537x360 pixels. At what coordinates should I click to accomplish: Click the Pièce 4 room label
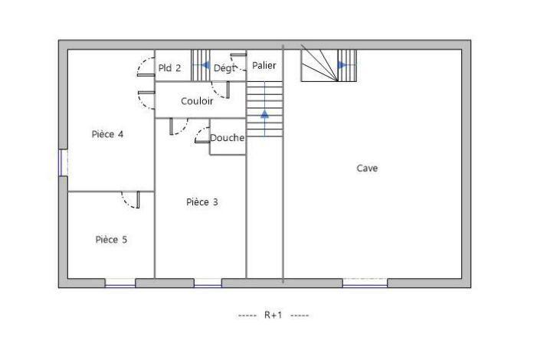(108, 134)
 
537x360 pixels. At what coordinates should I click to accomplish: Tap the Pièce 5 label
(111, 240)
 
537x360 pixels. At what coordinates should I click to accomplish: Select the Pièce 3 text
(202, 202)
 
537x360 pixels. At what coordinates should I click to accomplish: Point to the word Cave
(367, 168)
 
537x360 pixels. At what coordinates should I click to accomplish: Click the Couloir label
(197, 101)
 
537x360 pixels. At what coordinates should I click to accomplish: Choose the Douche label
(228, 138)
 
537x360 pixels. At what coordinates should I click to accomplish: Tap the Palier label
(264, 66)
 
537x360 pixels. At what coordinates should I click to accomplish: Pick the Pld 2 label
(169, 67)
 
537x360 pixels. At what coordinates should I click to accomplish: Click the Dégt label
(224, 68)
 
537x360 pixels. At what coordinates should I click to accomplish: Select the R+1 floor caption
(273, 315)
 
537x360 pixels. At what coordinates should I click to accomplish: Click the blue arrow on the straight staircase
(265, 114)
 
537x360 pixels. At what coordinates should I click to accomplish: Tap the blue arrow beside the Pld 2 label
(205, 66)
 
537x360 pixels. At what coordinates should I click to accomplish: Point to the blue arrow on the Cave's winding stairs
(342, 65)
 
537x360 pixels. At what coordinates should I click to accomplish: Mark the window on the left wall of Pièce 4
(61, 162)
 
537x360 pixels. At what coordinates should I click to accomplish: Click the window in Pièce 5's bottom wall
(120, 283)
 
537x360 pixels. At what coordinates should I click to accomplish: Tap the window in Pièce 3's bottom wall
(208, 283)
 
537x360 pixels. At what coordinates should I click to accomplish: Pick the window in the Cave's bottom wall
(365, 283)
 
